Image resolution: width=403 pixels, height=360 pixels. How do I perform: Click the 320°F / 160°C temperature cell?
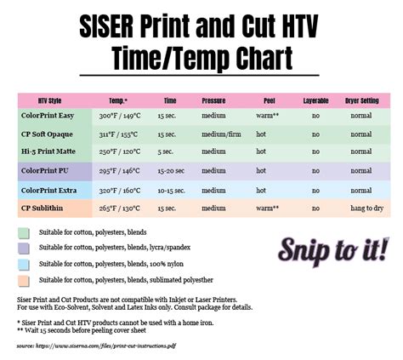118,189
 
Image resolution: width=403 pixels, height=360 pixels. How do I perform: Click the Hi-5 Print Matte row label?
53,152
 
